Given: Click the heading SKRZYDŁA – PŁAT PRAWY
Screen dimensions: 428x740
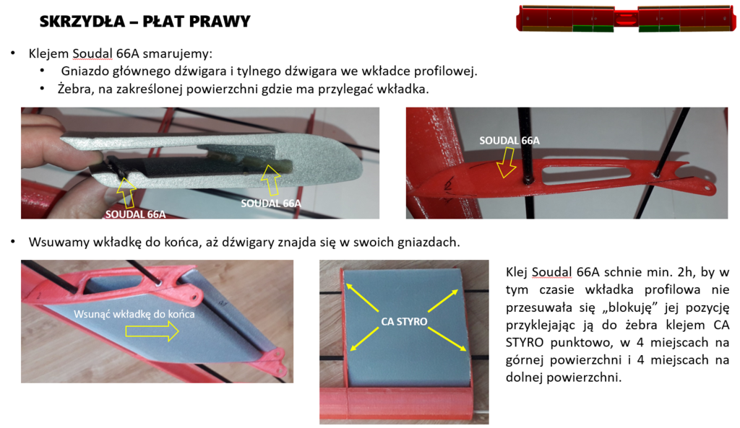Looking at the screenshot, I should point(145,22).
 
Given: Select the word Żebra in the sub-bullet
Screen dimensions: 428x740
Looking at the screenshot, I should point(74,89).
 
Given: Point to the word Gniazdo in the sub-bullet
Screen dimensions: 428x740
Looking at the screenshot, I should point(85,71).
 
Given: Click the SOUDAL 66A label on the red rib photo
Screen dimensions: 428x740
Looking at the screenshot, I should point(509,141).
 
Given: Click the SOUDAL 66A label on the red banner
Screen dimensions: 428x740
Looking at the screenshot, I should point(135,214).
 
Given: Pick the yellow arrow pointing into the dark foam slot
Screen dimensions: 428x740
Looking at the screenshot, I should point(271,179).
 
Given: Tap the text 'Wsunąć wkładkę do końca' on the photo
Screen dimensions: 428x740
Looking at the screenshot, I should point(134,314).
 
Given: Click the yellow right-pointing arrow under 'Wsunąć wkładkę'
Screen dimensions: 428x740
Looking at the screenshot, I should point(151,331).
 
